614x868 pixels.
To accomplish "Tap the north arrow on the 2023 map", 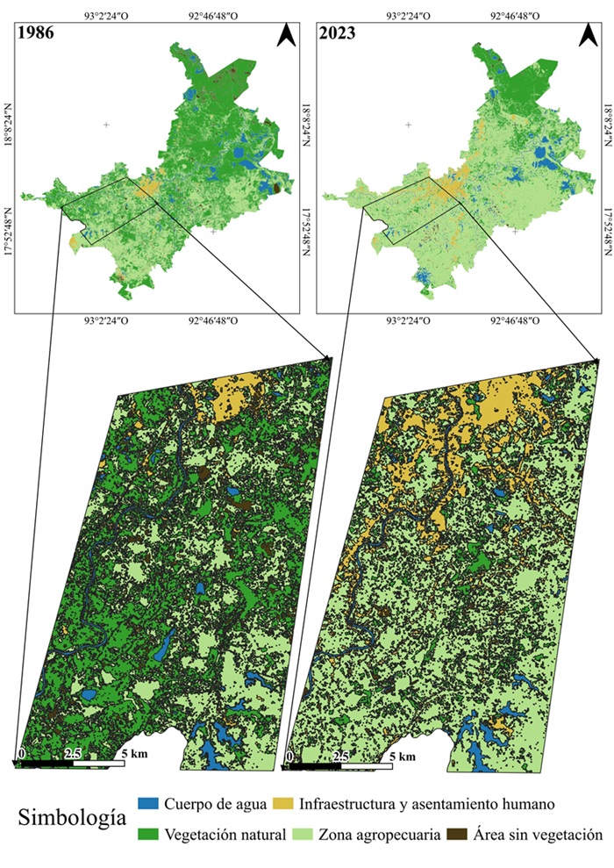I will (x=588, y=36).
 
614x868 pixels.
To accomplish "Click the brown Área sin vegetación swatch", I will (x=457, y=835).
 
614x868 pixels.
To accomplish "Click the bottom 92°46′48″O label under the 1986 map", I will (x=211, y=321).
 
